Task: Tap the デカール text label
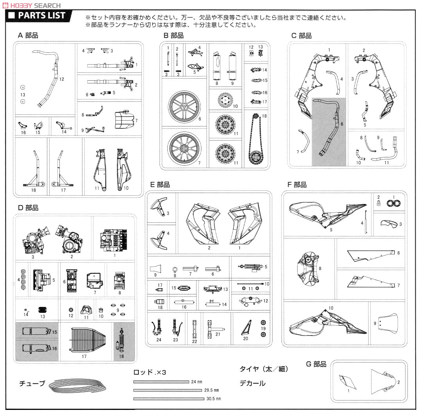point(252,383)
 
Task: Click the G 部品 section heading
point(316,364)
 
